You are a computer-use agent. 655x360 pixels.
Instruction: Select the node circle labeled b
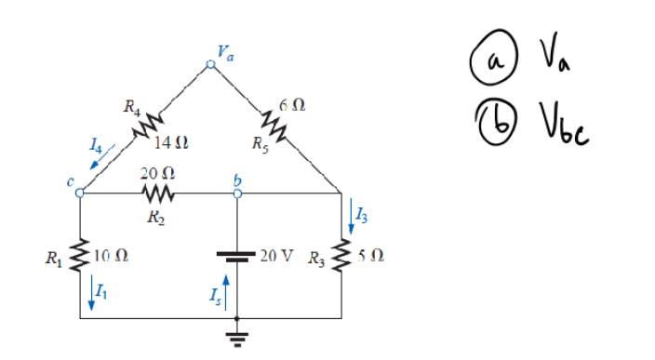coord(238,194)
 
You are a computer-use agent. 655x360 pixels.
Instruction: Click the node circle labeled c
coord(80,194)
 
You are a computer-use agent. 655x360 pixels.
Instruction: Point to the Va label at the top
coord(225,50)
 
